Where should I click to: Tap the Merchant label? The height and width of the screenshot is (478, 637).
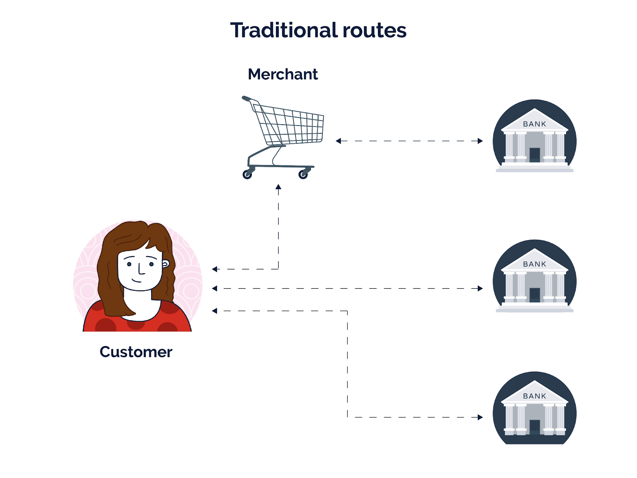tap(283, 74)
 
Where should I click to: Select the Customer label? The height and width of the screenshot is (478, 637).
tap(136, 352)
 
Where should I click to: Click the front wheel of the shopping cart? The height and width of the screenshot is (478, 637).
tap(303, 175)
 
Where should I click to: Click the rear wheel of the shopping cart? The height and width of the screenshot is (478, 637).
tap(247, 174)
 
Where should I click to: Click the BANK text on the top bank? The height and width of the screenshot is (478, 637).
tap(534, 124)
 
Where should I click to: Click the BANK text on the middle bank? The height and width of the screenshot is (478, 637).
tap(534, 264)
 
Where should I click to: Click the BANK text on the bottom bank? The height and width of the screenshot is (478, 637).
tap(534, 396)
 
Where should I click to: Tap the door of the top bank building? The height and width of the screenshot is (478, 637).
tap(535, 155)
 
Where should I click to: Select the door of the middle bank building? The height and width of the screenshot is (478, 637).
tap(535, 295)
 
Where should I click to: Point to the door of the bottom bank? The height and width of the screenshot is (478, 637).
tap(535, 427)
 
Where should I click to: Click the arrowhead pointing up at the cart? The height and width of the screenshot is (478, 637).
tap(278, 187)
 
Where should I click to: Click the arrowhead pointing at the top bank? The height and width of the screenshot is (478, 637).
tap(480, 141)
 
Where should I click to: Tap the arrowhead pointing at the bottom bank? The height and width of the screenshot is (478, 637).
tap(480, 417)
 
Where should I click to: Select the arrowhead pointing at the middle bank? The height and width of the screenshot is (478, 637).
tap(480, 288)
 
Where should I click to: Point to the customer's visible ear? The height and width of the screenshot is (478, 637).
tap(165, 264)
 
